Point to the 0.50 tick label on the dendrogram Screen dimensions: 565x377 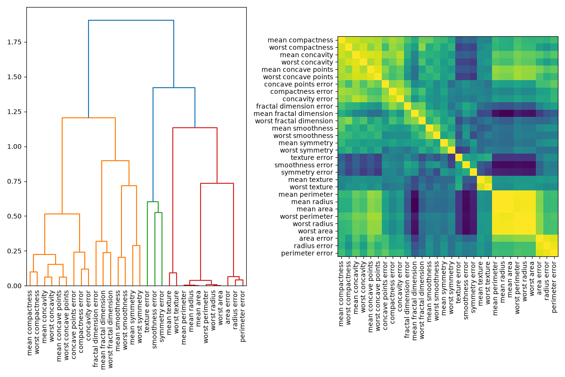click(15, 216)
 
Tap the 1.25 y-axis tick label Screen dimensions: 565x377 click(15, 112)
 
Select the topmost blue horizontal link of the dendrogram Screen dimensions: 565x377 click(131, 20)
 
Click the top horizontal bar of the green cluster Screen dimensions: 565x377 click(153, 202)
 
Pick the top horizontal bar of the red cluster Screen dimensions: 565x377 click(195, 128)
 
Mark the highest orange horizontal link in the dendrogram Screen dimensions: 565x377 click(89, 118)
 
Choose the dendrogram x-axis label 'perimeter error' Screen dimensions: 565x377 click(242, 316)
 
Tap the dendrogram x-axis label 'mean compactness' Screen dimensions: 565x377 click(30, 323)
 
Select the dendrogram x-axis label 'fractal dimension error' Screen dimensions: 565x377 click(96, 329)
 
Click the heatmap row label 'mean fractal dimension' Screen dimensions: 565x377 click(293, 114)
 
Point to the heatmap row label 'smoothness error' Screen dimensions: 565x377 click(304, 165)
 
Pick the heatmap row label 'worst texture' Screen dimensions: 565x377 click(311, 187)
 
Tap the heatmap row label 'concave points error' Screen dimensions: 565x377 click(299, 84)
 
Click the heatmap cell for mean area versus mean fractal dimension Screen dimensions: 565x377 click(415, 209)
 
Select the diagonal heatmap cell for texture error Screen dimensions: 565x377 click(459, 157)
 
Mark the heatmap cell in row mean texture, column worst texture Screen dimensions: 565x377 click(488, 180)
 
